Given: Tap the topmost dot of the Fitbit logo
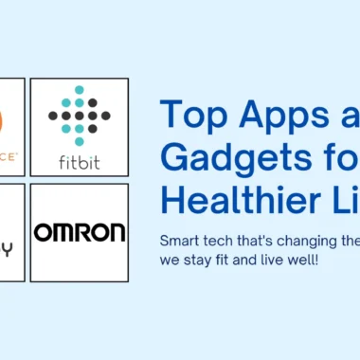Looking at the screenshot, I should [x=79, y=90].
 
